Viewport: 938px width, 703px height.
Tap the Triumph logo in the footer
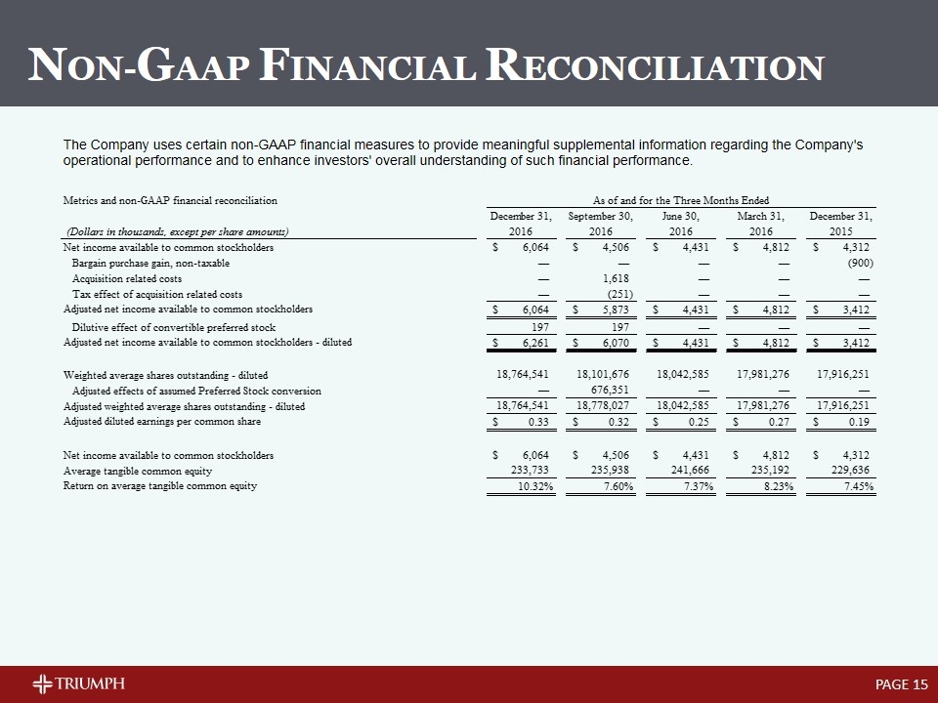coord(78,682)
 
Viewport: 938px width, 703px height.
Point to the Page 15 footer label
coord(901,683)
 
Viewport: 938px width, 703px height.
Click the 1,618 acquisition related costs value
coord(618,279)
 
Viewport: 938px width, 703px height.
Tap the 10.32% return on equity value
coord(533,486)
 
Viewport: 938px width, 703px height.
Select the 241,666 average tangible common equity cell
coord(691,471)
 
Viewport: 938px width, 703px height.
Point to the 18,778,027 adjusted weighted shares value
coord(601,405)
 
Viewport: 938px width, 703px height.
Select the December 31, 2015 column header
coord(841,223)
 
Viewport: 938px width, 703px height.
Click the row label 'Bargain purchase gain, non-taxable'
coord(151,264)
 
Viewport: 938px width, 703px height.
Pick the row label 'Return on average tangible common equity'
coord(160,486)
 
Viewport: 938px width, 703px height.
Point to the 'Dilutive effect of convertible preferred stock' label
coord(174,327)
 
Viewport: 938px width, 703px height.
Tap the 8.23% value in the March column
coord(776,486)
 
